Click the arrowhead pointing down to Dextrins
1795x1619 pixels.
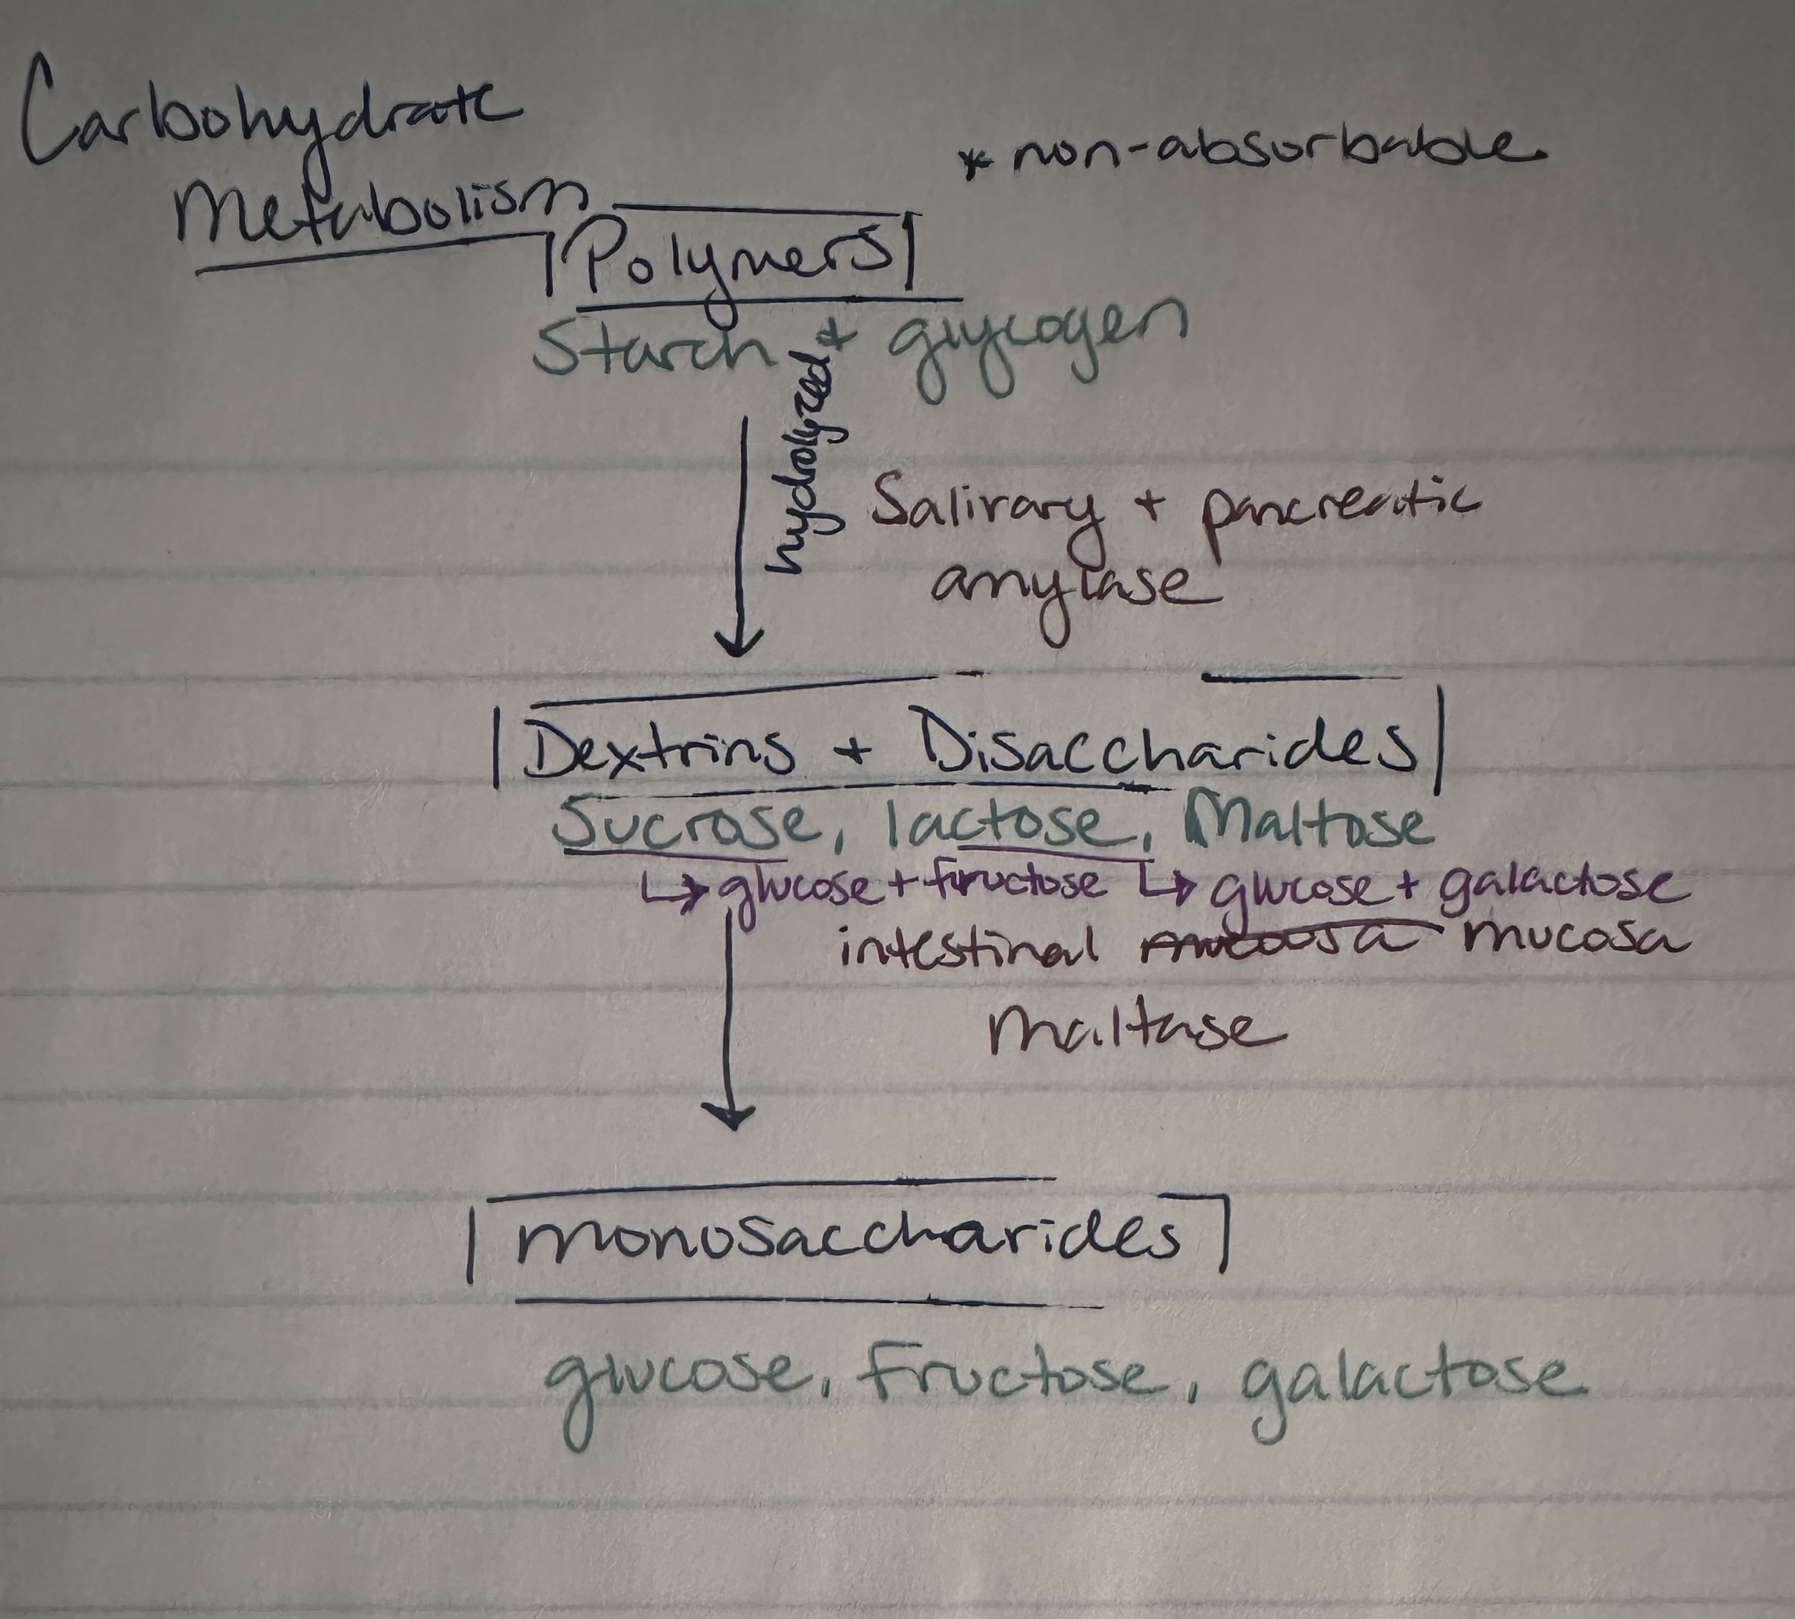737,642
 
